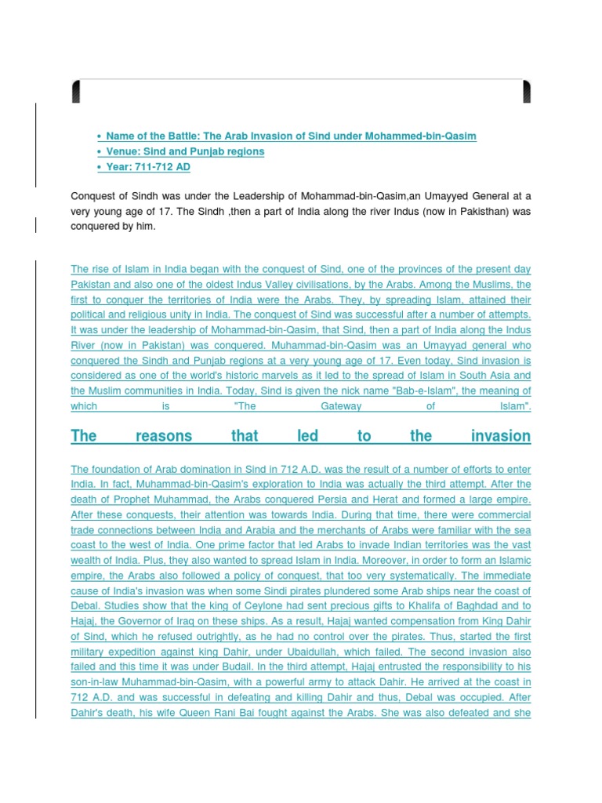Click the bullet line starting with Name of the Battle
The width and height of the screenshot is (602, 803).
pyautogui.click(x=290, y=136)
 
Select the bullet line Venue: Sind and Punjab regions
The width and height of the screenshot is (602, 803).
pyautogui.click(x=185, y=151)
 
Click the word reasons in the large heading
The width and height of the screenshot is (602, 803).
pyautogui.click(x=163, y=436)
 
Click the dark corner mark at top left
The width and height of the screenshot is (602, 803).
pyautogui.click(x=76, y=92)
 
